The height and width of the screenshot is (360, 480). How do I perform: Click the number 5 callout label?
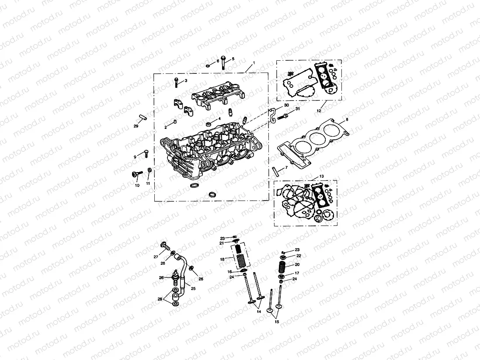[x=233, y=59]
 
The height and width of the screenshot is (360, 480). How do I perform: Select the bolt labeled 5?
[x=223, y=63]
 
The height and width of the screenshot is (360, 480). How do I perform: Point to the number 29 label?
[x=136, y=126]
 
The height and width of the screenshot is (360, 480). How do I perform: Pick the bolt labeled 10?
[x=135, y=175]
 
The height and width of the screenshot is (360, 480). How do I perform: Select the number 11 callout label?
[x=148, y=183]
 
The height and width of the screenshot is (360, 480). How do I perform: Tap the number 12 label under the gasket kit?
[x=318, y=111]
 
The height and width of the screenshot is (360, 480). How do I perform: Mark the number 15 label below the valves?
[x=276, y=322]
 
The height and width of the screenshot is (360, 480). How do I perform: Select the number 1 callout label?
[x=254, y=63]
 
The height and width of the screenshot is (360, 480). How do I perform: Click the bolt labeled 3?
[x=176, y=82]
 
